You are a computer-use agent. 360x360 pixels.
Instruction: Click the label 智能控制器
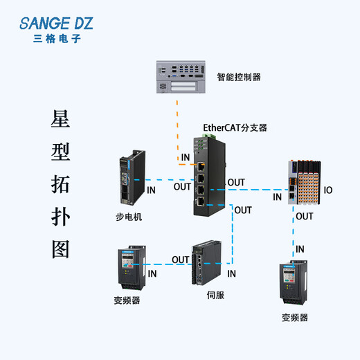pos(239,78)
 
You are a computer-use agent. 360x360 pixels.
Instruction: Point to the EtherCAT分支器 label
pos(235,127)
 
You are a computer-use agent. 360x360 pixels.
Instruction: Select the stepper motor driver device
pos(130,182)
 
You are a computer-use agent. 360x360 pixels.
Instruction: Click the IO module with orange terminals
pos(305,183)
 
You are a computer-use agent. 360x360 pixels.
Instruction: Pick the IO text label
pos(328,190)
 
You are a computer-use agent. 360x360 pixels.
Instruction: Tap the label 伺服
pos(215,295)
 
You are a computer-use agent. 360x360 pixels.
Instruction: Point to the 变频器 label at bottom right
pos(294,318)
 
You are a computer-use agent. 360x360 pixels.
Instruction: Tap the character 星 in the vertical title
pos(61,119)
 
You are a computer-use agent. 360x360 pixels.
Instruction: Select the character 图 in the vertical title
pos(61,249)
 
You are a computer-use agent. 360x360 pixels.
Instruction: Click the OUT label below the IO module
pos(304,217)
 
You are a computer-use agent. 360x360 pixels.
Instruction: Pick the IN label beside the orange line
pos(186,158)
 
